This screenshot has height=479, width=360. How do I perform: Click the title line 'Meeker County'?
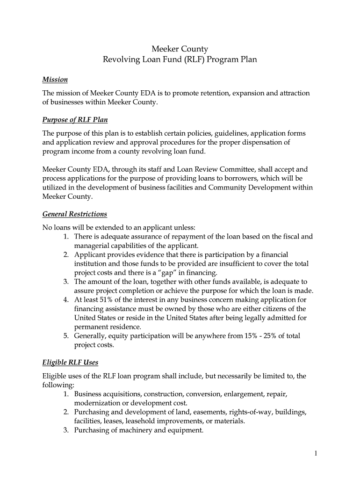[x=180, y=49]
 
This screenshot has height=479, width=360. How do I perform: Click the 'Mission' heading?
[x=55, y=80]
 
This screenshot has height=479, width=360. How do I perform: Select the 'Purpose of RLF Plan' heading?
[x=75, y=120]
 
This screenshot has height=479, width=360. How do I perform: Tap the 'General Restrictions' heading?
[x=75, y=214]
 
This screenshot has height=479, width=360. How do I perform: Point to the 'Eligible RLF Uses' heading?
[x=70, y=362]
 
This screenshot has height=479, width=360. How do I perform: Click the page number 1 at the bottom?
[x=316, y=453]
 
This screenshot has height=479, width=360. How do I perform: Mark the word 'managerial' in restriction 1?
[x=91, y=246]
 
